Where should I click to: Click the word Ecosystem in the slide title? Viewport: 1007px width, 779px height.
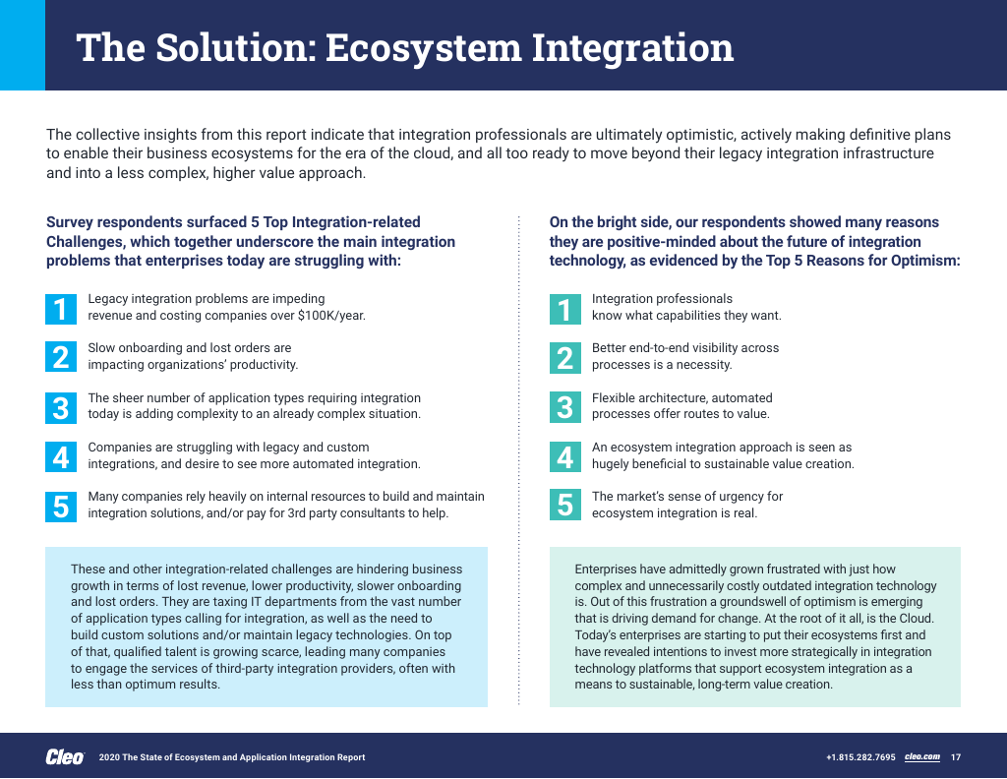pyautogui.click(x=422, y=47)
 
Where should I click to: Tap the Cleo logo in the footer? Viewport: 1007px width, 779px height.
pyautogui.click(x=65, y=756)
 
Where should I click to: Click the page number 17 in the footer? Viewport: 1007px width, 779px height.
pyautogui.click(x=956, y=756)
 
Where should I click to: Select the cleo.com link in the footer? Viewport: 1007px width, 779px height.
pyautogui.click(x=922, y=756)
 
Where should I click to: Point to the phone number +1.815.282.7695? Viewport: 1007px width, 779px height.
pyautogui.click(x=860, y=756)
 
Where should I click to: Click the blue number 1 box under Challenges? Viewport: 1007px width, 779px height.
pyautogui.click(x=61, y=308)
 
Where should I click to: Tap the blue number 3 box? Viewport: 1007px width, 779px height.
pyautogui.click(x=61, y=407)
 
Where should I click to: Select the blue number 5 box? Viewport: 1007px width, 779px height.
pyautogui.click(x=61, y=506)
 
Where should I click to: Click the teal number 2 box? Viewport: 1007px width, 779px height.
pyautogui.click(x=564, y=357)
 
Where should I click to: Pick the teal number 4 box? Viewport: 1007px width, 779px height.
pyautogui.click(x=564, y=456)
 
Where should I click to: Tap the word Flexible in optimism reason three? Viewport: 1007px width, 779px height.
pyautogui.click(x=615, y=398)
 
